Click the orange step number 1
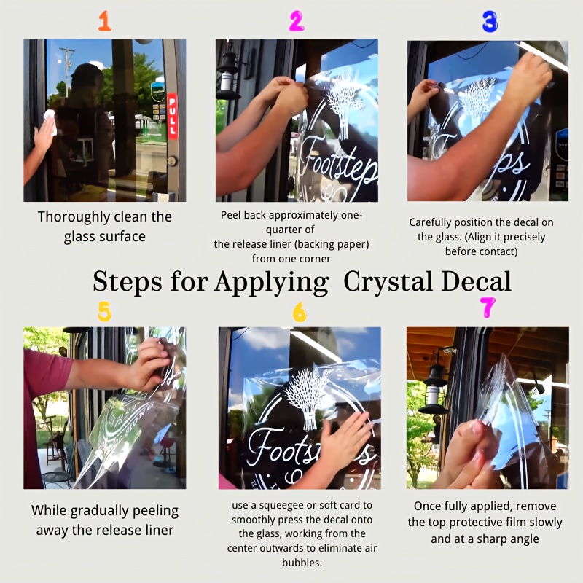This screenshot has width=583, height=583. pos(105,21)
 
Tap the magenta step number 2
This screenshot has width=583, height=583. pos(297,21)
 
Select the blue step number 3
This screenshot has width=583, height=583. pos(490,22)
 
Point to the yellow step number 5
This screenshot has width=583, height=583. pos(104,311)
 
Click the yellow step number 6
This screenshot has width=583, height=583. pos(300,312)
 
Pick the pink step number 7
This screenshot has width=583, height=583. pos(488,308)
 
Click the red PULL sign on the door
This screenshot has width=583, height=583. pos(172,116)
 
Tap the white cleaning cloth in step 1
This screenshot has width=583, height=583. pos(50,121)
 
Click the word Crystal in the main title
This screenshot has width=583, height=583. pos(388,282)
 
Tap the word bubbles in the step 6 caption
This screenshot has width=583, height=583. pos(302,562)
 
